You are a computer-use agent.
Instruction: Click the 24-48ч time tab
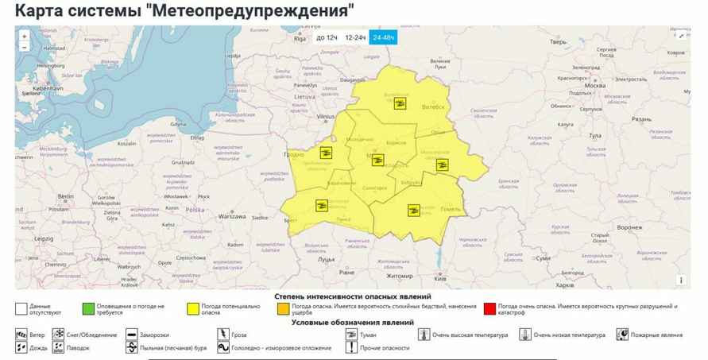click(x=383, y=37)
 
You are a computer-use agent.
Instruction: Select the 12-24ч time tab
click(x=355, y=37)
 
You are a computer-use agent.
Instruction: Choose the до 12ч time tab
click(x=326, y=37)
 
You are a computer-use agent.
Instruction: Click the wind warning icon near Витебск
click(x=400, y=104)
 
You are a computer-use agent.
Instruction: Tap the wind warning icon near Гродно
click(x=325, y=152)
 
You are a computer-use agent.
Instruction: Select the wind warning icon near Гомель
click(x=413, y=210)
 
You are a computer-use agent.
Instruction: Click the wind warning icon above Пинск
click(x=322, y=205)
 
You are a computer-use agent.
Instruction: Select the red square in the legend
click(x=489, y=307)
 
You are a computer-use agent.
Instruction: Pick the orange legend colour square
click(x=283, y=307)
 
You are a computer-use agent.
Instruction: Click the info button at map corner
click(x=680, y=280)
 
